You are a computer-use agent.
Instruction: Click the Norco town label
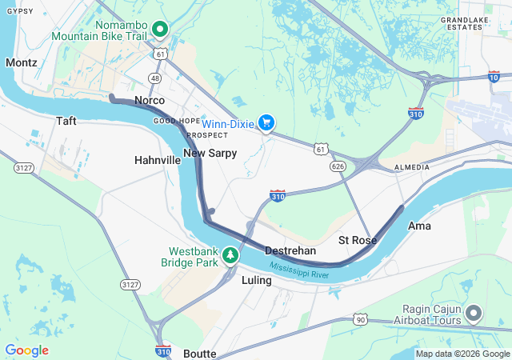(x=150, y=100)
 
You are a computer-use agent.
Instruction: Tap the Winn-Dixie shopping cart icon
(x=267, y=123)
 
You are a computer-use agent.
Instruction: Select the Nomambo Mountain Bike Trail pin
(x=160, y=30)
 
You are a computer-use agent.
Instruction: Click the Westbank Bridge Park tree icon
(x=230, y=254)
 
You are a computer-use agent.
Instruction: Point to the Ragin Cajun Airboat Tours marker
(x=474, y=312)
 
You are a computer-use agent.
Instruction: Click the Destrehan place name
(x=290, y=250)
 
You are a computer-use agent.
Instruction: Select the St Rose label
(x=357, y=240)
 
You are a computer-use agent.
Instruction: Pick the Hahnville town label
(x=158, y=160)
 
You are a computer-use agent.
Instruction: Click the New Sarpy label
(x=210, y=153)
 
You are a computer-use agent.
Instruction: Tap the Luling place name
(x=256, y=280)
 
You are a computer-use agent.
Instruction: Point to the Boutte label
(x=199, y=353)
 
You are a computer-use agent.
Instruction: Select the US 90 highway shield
(x=362, y=319)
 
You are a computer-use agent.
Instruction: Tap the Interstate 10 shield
(x=494, y=76)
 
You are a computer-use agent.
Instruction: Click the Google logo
(x=26, y=350)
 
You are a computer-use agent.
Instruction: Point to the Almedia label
(x=412, y=167)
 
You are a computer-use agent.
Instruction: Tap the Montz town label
(x=21, y=62)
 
